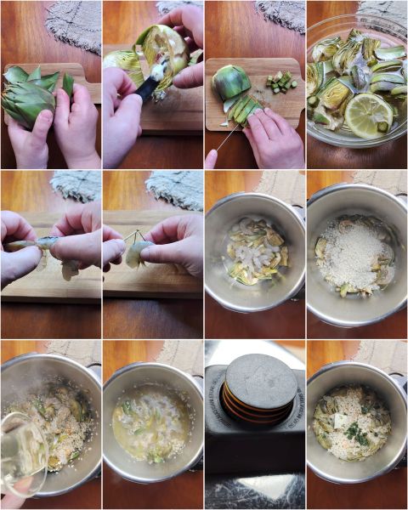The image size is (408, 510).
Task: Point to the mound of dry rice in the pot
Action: point(355,253)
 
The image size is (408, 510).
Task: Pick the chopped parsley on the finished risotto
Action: point(358,433)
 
